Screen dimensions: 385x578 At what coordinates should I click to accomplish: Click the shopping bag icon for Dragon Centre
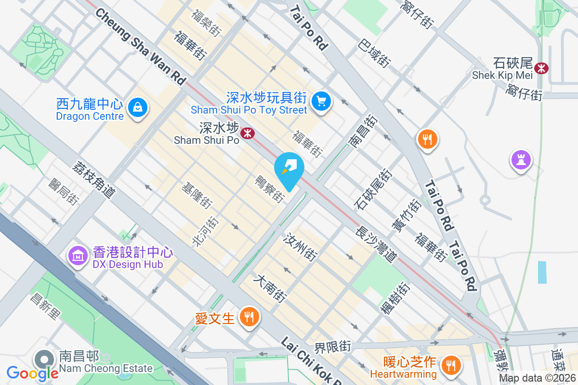[x=138, y=107]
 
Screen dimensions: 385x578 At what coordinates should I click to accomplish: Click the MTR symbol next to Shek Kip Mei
[x=542, y=68]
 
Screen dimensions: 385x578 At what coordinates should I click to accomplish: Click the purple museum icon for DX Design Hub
[x=77, y=255]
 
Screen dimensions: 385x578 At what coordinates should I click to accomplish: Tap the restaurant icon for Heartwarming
[x=451, y=364]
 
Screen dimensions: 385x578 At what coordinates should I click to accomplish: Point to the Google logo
[x=32, y=373]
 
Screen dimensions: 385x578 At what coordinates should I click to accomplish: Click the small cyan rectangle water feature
[x=542, y=272]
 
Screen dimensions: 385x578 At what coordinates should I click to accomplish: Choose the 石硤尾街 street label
[x=373, y=189]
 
